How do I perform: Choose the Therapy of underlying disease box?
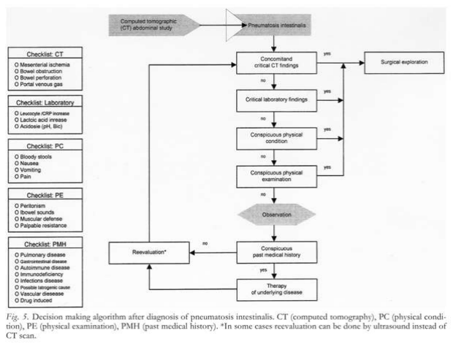(x=273, y=289)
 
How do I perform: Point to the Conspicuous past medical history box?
(x=273, y=251)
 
